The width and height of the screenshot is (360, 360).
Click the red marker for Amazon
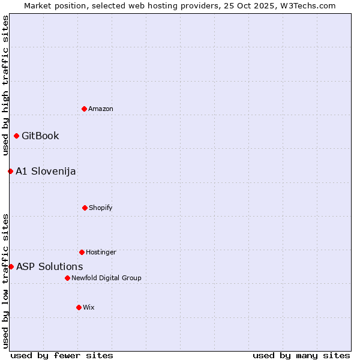click(84, 109)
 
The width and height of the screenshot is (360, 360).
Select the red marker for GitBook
click(16, 136)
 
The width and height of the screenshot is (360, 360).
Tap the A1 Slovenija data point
click(10, 171)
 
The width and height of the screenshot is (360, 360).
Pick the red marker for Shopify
click(85, 208)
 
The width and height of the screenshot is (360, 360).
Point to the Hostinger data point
click(82, 252)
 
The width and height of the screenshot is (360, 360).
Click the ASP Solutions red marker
click(11, 266)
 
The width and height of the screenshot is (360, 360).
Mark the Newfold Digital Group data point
click(67, 278)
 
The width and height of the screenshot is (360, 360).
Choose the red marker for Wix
click(79, 307)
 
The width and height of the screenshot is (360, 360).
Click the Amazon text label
click(101, 109)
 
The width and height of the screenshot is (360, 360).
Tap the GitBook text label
click(40, 136)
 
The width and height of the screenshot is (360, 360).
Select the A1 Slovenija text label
click(46, 171)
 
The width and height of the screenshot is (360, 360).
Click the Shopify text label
click(101, 208)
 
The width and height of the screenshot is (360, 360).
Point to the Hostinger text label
click(101, 252)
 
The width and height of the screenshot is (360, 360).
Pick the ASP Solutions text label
click(50, 266)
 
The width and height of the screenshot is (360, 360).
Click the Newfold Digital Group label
click(106, 278)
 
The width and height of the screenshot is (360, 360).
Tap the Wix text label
click(89, 307)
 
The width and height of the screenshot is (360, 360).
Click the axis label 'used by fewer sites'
click(62, 355)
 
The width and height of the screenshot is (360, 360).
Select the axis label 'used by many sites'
click(301, 355)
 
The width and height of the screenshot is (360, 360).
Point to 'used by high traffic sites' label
click(5, 86)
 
